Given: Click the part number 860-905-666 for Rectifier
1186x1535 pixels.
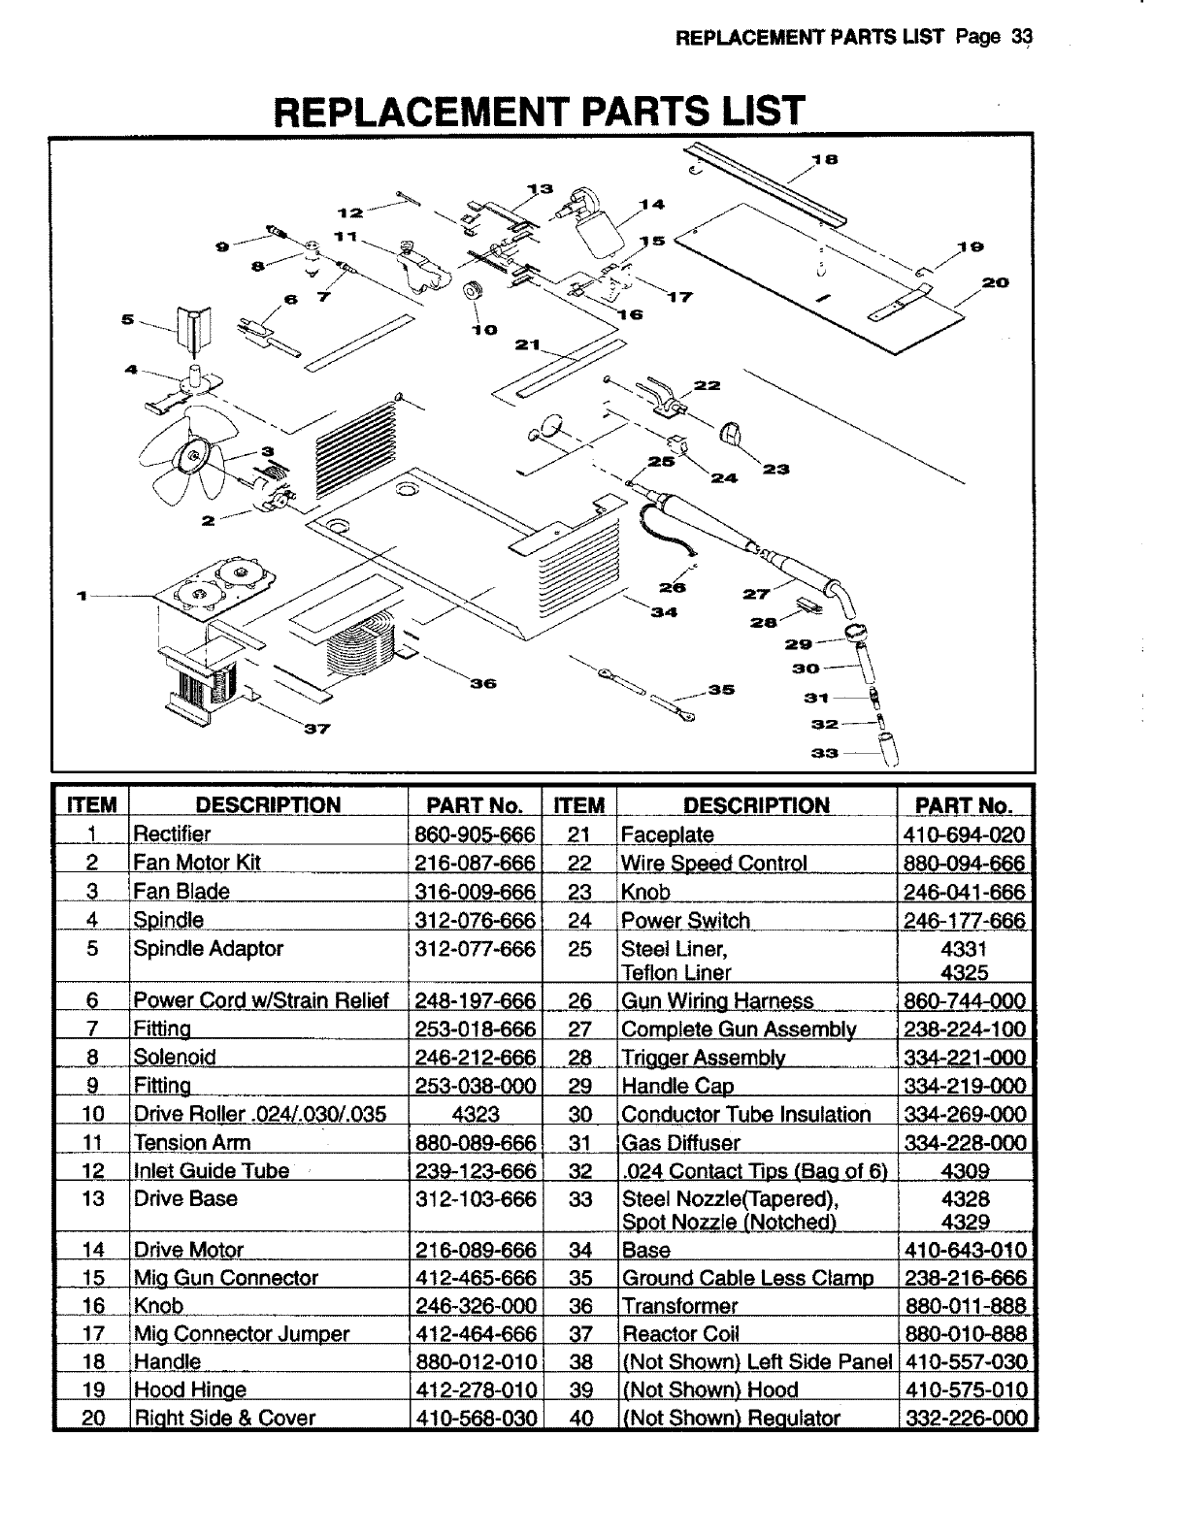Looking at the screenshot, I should (475, 834).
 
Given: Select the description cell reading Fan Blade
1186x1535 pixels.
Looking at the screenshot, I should (181, 892).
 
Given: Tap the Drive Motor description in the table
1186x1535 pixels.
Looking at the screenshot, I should (188, 1250).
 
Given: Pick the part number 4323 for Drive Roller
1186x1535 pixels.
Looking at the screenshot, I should (475, 1114).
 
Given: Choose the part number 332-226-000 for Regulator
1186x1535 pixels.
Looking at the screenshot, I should (965, 1418).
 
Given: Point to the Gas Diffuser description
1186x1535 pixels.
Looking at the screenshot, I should (680, 1143).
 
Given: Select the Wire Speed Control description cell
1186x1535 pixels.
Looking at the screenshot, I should (713, 864).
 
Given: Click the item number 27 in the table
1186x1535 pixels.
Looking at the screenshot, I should (579, 1029).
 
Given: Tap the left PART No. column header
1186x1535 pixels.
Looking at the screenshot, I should (475, 805).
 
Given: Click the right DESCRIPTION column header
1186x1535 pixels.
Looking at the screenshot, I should (756, 805).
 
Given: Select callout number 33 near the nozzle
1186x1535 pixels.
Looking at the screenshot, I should (825, 752).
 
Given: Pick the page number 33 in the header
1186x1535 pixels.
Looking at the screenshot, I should (1020, 38).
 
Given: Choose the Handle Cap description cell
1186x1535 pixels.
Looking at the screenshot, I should (677, 1086).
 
